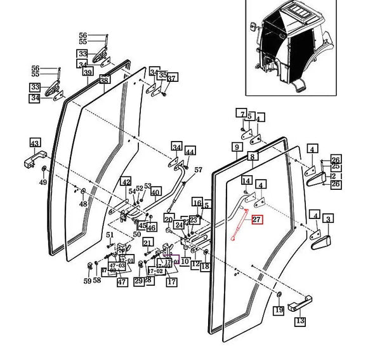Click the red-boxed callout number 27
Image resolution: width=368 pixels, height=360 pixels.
pyautogui.click(x=256, y=220)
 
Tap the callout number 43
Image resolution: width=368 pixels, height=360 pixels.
pyautogui.click(x=35, y=143)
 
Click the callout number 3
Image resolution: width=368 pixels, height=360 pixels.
pyautogui.click(x=328, y=219)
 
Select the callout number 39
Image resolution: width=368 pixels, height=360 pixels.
pyautogui.click(x=88, y=74)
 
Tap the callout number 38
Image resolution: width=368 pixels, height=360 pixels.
pyautogui.click(x=105, y=81)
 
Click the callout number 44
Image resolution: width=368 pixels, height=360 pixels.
pyautogui.click(x=190, y=150)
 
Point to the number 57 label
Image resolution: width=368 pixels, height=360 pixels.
pyautogui.click(x=197, y=170)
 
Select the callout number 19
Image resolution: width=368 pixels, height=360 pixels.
pyautogui.click(x=278, y=310)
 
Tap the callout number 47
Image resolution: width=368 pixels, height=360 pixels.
pyautogui.click(x=121, y=281)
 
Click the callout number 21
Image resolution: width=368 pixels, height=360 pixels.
pyautogui.click(x=147, y=242)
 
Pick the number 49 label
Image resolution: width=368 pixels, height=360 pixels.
pyautogui.click(x=43, y=183)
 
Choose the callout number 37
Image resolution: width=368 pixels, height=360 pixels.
pyautogui.click(x=172, y=78)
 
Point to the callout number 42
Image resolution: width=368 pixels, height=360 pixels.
pyautogui.click(x=126, y=182)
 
